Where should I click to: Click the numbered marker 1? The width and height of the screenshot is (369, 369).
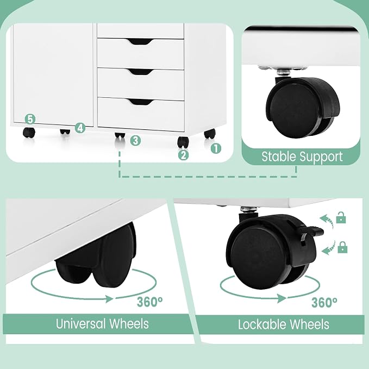216,148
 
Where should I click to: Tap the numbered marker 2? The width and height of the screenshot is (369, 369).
183,155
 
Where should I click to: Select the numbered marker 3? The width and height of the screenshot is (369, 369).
135,141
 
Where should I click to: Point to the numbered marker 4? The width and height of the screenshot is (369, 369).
80,128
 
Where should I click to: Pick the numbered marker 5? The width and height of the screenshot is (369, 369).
30,120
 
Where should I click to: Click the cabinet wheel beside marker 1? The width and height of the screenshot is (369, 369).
209,134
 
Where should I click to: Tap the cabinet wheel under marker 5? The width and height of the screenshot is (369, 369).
29,133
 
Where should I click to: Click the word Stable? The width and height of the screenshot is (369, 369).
276,157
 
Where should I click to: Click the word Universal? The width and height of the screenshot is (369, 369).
81,323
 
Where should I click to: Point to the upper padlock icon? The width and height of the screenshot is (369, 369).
341,217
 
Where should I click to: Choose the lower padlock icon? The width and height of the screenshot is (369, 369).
342,247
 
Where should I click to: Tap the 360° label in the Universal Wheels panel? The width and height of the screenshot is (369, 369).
149,302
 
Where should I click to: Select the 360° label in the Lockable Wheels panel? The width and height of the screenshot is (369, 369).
324,302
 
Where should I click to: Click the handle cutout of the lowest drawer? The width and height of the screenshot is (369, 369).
141,102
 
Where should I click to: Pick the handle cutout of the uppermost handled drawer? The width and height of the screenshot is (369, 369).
141,42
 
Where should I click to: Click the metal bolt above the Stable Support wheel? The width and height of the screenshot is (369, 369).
281,71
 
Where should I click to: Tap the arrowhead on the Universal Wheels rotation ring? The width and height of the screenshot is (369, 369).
109,299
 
